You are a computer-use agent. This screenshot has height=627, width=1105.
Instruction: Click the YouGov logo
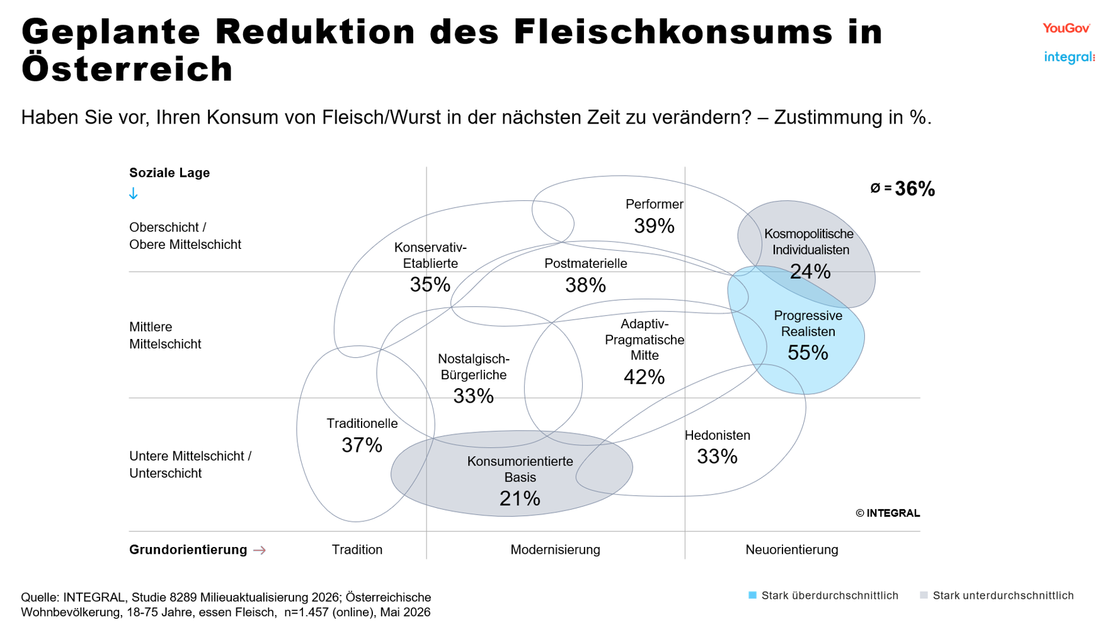pyautogui.click(x=1066, y=28)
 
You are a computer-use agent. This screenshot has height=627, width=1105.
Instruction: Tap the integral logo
pyautogui.click(x=1069, y=57)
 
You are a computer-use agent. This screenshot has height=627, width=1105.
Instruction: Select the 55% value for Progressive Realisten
pyautogui.click(x=808, y=353)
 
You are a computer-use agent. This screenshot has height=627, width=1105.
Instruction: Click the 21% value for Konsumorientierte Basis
pyautogui.click(x=520, y=498)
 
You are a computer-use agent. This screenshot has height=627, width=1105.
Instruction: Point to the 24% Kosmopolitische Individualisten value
pyautogui.click(x=810, y=272)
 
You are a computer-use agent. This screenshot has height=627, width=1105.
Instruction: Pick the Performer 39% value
pyautogui.click(x=654, y=226)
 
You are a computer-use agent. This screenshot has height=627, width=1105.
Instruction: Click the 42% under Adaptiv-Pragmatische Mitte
pyautogui.click(x=644, y=377)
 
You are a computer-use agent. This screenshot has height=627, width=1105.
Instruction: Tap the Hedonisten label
pyautogui.click(x=718, y=435)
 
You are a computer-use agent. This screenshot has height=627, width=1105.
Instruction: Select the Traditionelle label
pyautogui.click(x=362, y=423)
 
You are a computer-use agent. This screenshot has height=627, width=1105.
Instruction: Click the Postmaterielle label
pyautogui.click(x=586, y=263)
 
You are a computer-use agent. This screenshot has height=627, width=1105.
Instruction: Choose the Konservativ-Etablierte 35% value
pyautogui.click(x=430, y=285)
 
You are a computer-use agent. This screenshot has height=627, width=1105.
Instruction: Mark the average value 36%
pyautogui.click(x=915, y=188)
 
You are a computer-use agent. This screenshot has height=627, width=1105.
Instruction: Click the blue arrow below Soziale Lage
pyautogui.click(x=134, y=193)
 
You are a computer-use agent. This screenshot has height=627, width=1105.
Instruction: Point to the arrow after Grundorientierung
pyautogui.click(x=260, y=550)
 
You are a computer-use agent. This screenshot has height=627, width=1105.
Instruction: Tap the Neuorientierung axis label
pyautogui.click(x=792, y=549)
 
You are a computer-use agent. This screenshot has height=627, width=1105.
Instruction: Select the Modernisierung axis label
pyautogui.click(x=555, y=549)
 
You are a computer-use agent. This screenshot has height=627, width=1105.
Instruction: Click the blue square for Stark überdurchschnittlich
pyautogui.click(x=752, y=595)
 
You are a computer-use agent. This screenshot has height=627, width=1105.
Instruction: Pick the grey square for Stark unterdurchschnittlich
pyautogui.click(x=924, y=595)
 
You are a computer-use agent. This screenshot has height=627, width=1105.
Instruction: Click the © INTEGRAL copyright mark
pyautogui.click(x=888, y=513)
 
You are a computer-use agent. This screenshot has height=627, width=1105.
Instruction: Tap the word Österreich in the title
pyautogui.click(x=127, y=69)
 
